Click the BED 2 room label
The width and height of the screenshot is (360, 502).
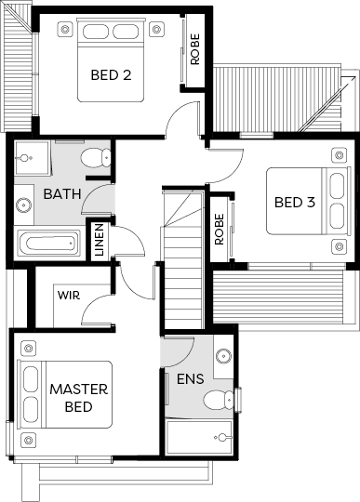(x=111, y=75)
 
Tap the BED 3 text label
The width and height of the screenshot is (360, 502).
(x=295, y=202)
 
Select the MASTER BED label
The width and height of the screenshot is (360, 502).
(x=79, y=398)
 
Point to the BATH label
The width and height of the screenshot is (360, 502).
(x=62, y=193)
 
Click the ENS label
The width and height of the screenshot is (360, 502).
(x=191, y=378)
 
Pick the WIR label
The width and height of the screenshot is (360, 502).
(x=69, y=295)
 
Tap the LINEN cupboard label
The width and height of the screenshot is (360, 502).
(x=100, y=240)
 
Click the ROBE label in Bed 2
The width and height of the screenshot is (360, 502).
(x=194, y=49)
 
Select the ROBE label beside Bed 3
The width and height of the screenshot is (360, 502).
(x=220, y=230)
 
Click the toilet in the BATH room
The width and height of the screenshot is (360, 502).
(x=96, y=157)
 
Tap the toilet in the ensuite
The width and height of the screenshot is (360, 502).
(x=219, y=400)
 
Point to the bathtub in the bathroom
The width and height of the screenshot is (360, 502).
(x=48, y=244)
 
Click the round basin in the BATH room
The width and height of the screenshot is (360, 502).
(x=23, y=205)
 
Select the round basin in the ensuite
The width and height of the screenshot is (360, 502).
(x=223, y=356)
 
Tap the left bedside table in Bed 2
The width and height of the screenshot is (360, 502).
(x=65, y=30)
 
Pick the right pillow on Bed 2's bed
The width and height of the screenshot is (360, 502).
(x=126, y=32)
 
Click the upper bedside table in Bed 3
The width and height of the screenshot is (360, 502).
(x=340, y=155)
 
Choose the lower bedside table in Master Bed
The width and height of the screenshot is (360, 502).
(x=29, y=441)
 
